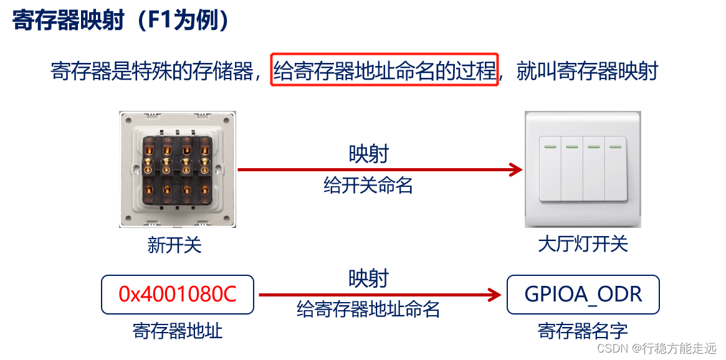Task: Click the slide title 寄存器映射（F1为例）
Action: (x=122, y=21)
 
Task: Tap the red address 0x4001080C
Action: (x=178, y=294)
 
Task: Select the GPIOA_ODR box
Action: (x=583, y=294)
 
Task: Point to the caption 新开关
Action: (x=174, y=245)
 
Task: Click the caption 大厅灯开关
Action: (x=583, y=244)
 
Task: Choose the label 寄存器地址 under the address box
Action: (x=178, y=330)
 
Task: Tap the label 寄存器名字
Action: (x=583, y=330)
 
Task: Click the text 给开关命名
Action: (x=368, y=185)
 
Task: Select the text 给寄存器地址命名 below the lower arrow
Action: (x=368, y=309)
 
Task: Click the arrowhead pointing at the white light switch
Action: (x=516, y=169)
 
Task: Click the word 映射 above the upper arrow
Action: (x=368, y=154)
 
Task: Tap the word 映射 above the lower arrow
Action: (x=368, y=278)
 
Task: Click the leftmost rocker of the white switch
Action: (x=550, y=169)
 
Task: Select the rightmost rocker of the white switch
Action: (x=616, y=169)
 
